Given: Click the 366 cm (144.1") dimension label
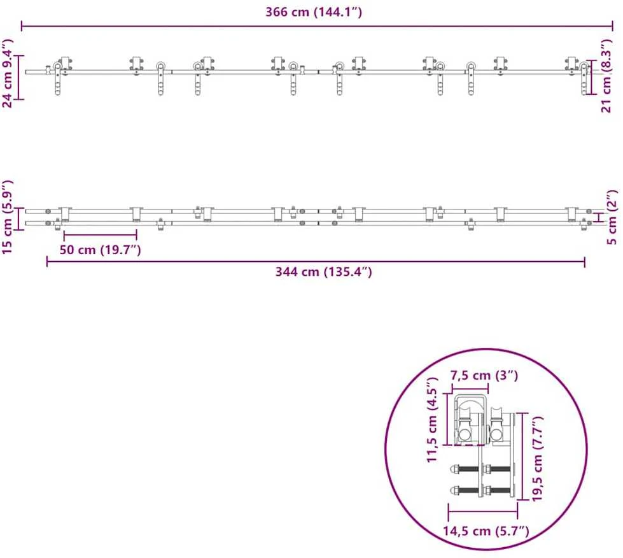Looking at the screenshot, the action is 314,12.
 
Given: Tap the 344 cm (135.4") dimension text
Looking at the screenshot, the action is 323,271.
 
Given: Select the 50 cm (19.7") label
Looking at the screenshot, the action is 100,250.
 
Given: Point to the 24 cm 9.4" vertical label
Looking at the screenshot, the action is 8,73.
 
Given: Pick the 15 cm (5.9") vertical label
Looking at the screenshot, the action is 8,217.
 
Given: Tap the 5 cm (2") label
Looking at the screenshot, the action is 613,217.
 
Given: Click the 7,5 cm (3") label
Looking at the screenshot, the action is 484,375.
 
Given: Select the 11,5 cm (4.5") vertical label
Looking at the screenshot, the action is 432,420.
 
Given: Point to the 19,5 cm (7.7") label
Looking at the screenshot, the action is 537,459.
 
